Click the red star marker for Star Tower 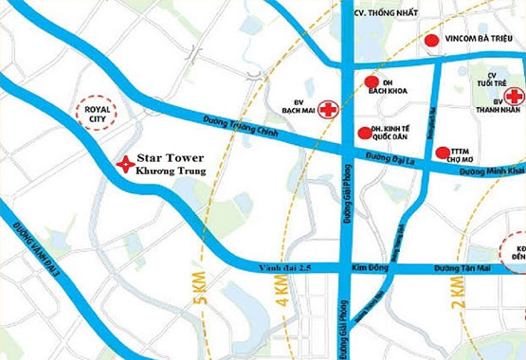(x=123, y=164)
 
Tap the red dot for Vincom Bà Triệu (x=431, y=41)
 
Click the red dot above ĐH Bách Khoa (x=372, y=81)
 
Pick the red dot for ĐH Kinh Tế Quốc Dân (x=365, y=133)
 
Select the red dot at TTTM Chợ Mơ (x=442, y=152)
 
